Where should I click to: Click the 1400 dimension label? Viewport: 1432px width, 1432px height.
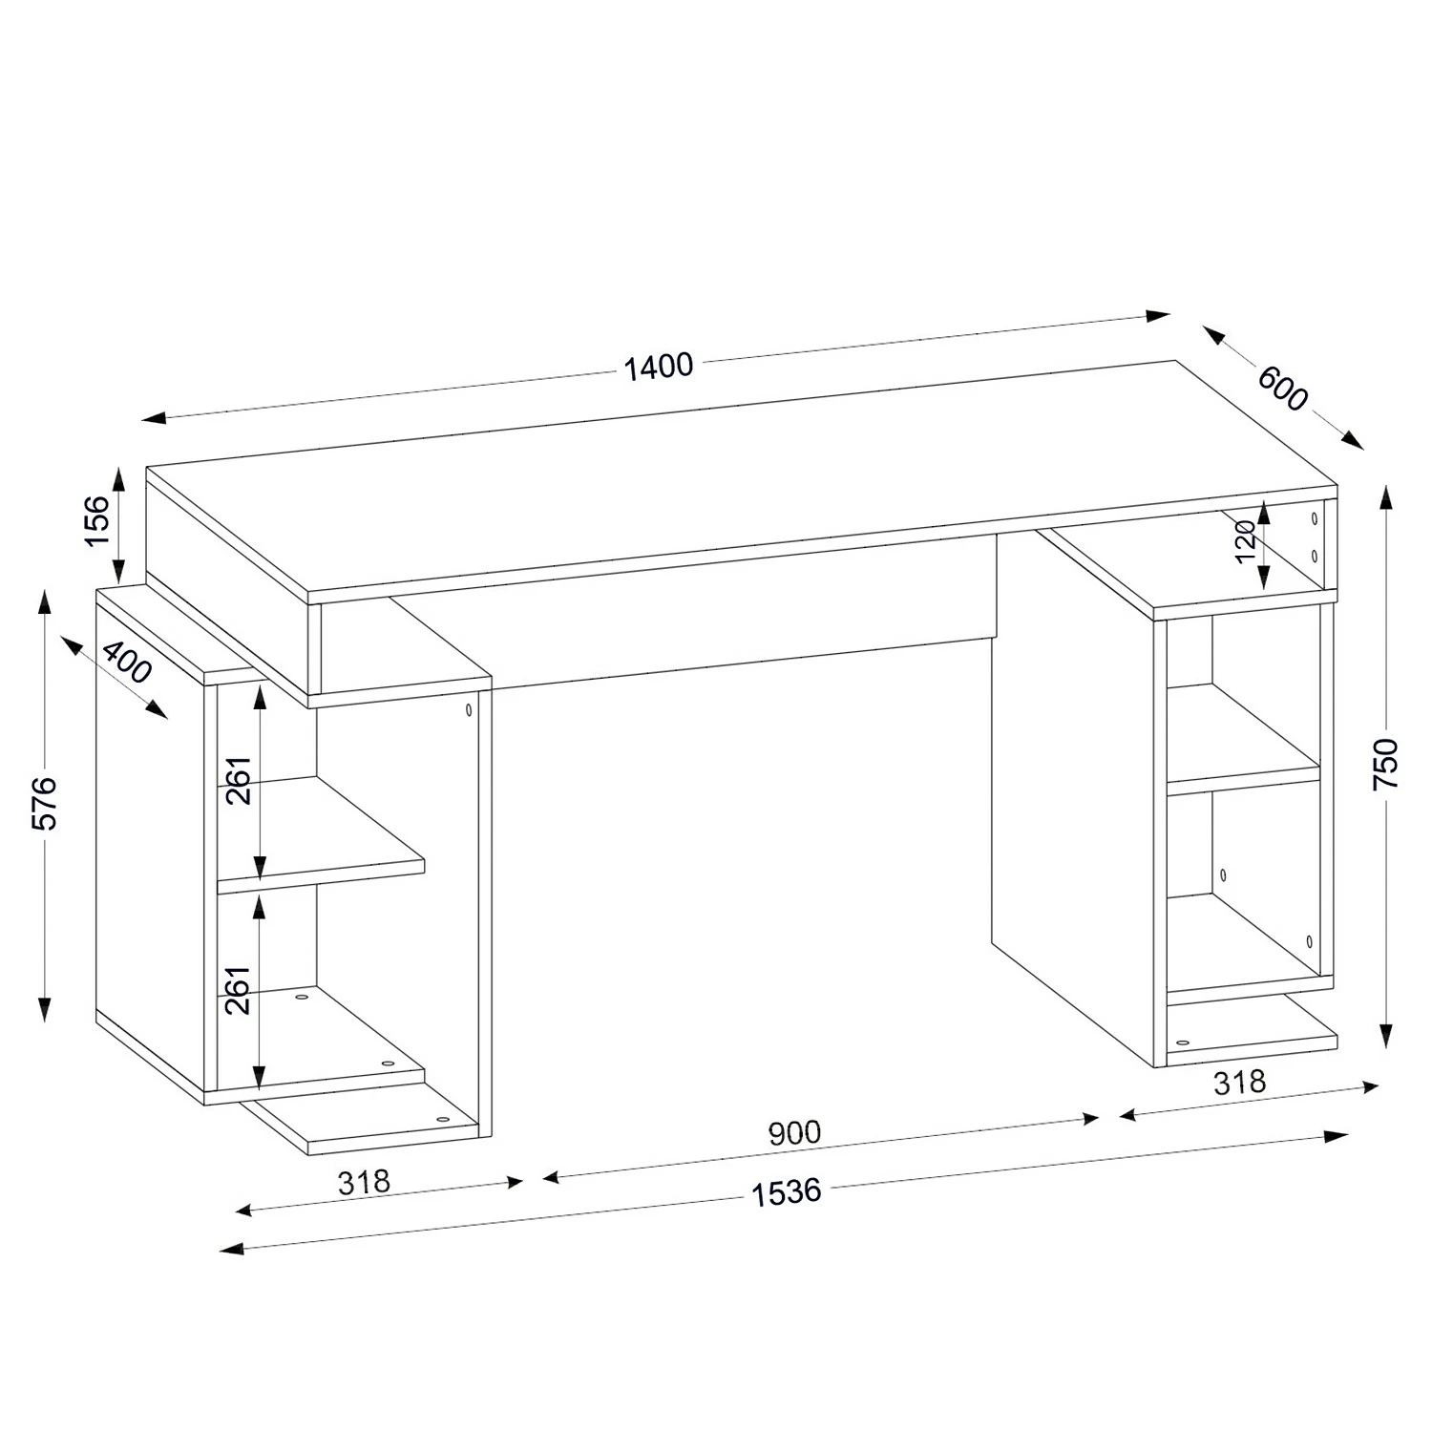pos(658,367)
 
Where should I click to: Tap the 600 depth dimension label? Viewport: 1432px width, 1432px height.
pos(1282,387)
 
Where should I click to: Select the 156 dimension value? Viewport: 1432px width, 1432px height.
pos(98,520)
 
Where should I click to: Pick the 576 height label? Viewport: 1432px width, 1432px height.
pos(45,803)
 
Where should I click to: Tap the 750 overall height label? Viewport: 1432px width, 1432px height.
pos(1385,762)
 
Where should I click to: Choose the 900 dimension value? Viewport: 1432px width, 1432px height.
pos(794,1132)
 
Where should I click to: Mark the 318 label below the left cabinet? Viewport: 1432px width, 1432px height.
pos(364,1182)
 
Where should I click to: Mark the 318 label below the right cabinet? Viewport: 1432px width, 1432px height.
pos(1239,1082)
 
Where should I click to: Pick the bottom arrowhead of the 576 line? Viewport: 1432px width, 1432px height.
pos(45,1008)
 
